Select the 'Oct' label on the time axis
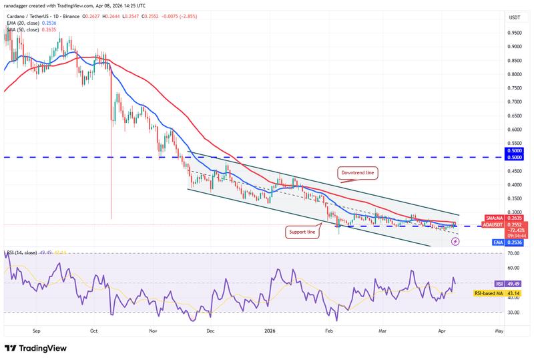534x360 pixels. point(94,330)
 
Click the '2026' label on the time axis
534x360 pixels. point(270,330)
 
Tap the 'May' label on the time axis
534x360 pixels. point(499,330)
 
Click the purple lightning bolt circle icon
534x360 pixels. point(455,242)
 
